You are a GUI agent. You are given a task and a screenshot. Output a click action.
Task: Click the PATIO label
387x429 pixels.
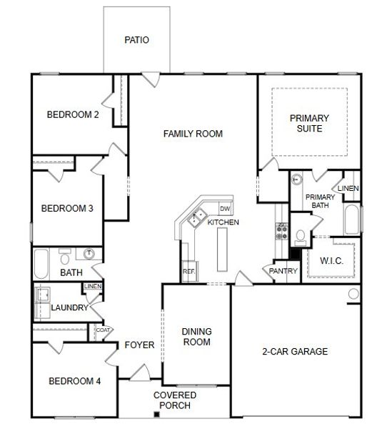[136, 40]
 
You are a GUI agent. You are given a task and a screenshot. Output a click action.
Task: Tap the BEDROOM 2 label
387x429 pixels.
[73, 114]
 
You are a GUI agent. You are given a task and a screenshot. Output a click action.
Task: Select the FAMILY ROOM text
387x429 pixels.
[193, 134]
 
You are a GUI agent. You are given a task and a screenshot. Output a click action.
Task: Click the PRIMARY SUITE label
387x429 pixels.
[310, 123]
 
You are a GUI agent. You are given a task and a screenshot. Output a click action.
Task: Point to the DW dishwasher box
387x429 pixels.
[224, 209]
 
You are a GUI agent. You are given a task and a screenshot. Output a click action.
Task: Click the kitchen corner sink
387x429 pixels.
[195, 217]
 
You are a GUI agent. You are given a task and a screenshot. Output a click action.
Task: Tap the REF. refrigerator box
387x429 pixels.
[189, 271]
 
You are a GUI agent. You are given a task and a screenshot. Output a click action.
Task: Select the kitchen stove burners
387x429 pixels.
[281, 231]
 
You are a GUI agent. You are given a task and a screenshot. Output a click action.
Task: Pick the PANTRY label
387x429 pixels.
[283, 271]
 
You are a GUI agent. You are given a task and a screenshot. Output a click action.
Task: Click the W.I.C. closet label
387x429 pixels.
[331, 261]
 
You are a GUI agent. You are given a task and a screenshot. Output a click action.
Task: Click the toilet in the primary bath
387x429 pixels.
[301, 236]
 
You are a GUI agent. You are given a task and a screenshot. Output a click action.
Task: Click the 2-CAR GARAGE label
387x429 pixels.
[295, 351]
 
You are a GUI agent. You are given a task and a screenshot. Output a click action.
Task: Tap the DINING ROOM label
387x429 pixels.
[196, 336]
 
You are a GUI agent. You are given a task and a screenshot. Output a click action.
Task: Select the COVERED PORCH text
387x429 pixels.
[172, 400]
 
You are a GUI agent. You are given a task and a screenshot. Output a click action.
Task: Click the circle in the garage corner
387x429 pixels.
[353, 294]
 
